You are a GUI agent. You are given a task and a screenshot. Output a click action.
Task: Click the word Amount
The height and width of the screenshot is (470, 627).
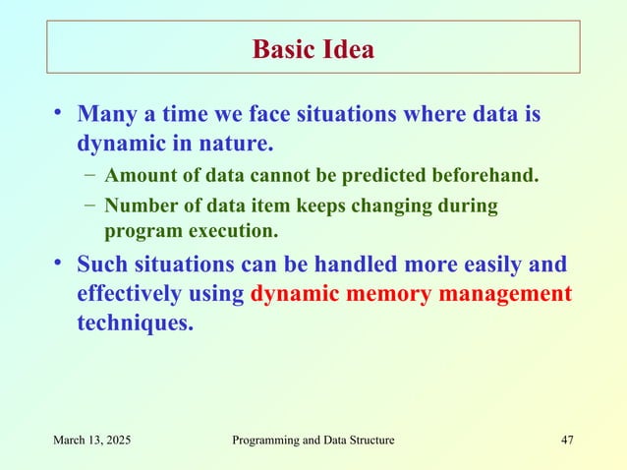pyautogui.click(x=137, y=177)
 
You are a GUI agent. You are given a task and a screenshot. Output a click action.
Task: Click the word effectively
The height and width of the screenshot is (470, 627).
pyautogui.click(x=132, y=293)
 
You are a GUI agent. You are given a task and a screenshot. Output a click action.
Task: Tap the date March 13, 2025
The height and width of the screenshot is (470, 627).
pyautogui.click(x=92, y=441)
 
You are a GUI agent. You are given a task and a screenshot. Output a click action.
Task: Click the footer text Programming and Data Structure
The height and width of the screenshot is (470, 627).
pyautogui.click(x=313, y=441)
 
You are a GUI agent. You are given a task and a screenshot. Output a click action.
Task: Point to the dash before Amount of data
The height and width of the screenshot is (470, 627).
pyautogui.click(x=89, y=177)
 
